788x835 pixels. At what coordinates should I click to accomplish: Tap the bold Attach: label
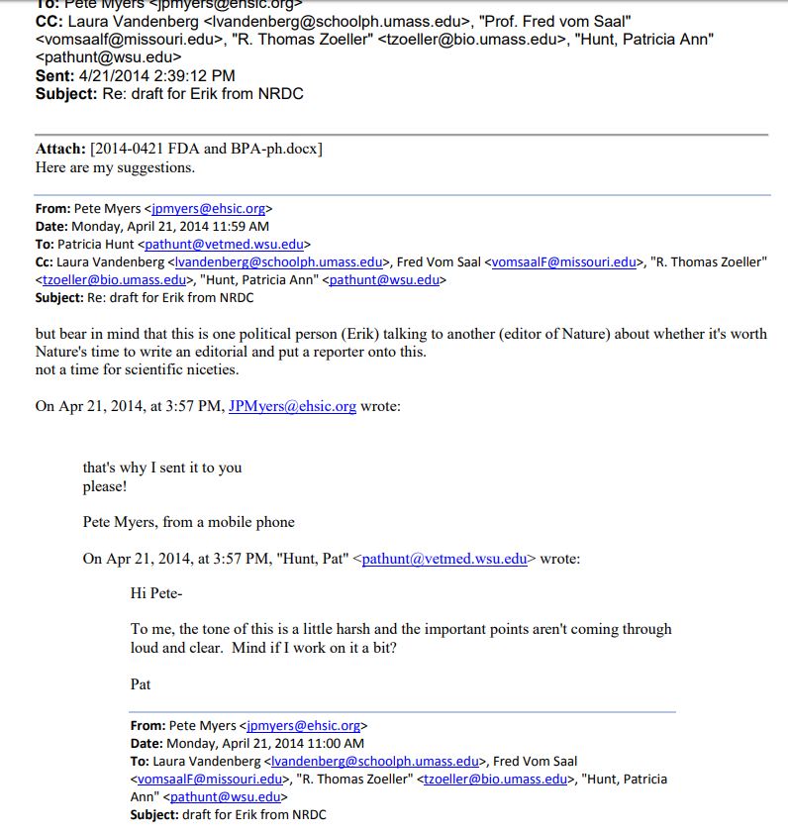(60, 149)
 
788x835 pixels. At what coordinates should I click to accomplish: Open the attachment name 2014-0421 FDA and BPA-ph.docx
(206, 149)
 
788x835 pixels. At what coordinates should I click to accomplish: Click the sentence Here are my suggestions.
(115, 167)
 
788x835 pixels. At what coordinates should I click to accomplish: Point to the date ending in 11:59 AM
(169, 226)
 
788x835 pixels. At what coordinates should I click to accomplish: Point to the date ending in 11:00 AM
(264, 743)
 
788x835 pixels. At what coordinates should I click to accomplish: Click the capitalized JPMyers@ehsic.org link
(292, 406)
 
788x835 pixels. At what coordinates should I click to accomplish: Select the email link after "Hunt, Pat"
(444, 559)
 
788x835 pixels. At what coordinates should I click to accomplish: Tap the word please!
(105, 486)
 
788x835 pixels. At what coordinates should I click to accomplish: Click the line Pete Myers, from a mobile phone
(188, 522)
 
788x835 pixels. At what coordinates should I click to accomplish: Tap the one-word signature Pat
(141, 683)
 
